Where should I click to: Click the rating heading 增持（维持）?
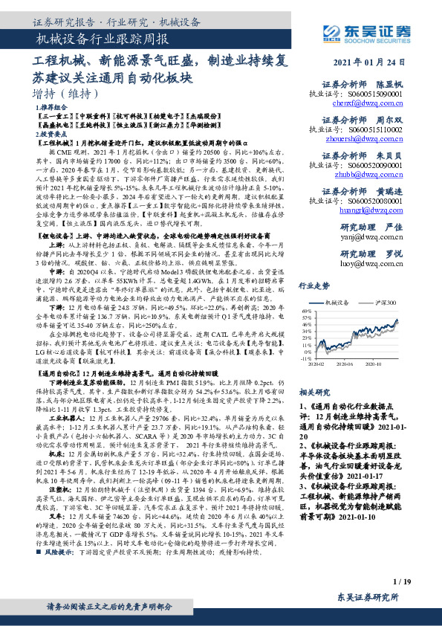[66, 94]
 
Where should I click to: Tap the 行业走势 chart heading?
[313, 285]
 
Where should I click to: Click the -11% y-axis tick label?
[307, 358]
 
